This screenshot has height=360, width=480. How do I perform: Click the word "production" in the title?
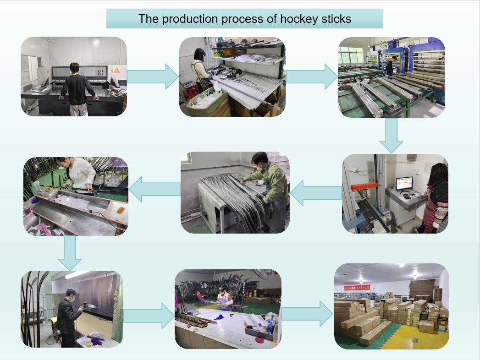click(188, 19)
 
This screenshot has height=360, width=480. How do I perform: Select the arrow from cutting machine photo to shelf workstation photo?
click(153, 76)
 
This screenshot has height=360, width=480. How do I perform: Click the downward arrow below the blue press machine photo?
click(391, 135)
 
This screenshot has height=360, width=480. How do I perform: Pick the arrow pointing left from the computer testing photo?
click(316, 193)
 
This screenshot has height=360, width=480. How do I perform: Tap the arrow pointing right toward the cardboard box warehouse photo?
click(308, 314)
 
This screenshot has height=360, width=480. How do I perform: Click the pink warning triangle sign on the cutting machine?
click(116, 70)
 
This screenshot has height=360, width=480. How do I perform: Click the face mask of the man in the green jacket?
click(259, 167)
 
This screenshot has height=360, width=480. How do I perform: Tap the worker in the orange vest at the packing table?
click(224, 300)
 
